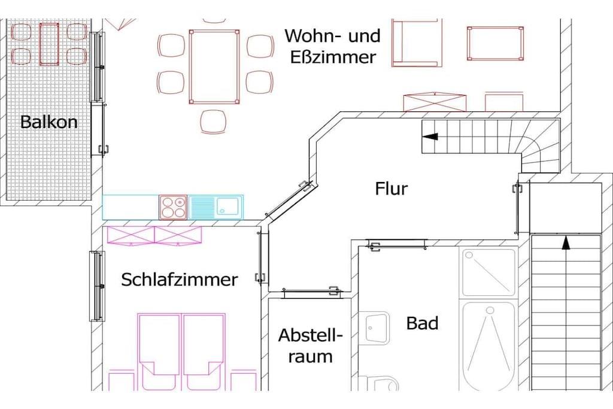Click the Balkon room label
[49, 122]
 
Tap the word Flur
[392, 189]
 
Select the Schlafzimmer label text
[179, 280]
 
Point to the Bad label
[422, 323]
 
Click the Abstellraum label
[310, 346]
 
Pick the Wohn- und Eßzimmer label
[332, 46]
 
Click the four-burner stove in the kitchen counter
[174, 207]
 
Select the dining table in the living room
[214, 66]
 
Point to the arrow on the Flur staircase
[430, 137]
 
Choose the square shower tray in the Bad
[488, 272]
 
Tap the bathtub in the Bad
[488, 346]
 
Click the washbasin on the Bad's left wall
[376, 326]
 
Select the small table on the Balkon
[49, 44]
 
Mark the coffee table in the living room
[495, 43]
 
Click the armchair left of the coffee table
[417, 42]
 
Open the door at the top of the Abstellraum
[310, 292]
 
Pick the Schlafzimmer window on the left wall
[96, 286]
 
